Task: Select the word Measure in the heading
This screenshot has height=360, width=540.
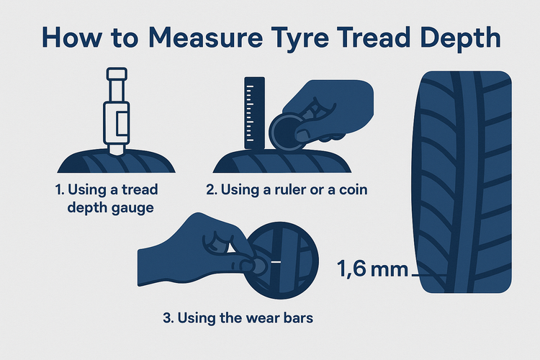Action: tap(205, 37)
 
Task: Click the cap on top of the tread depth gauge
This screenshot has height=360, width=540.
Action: tap(117, 74)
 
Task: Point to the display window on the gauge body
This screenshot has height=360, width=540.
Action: tap(122, 123)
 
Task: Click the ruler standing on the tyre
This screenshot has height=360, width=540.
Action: tap(254, 113)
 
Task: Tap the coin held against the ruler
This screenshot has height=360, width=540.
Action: tap(287, 132)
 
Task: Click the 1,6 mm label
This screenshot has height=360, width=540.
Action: tap(372, 269)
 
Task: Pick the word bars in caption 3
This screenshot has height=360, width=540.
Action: tap(298, 318)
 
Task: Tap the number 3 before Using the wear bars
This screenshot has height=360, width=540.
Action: tap(167, 318)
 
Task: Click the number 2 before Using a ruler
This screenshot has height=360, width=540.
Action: tap(210, 190)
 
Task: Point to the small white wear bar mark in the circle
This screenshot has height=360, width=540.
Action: tap(276, 262)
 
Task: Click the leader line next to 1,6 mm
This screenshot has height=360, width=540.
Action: tap(429, 275)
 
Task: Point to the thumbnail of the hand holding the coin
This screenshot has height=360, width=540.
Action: tap(302, 135)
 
